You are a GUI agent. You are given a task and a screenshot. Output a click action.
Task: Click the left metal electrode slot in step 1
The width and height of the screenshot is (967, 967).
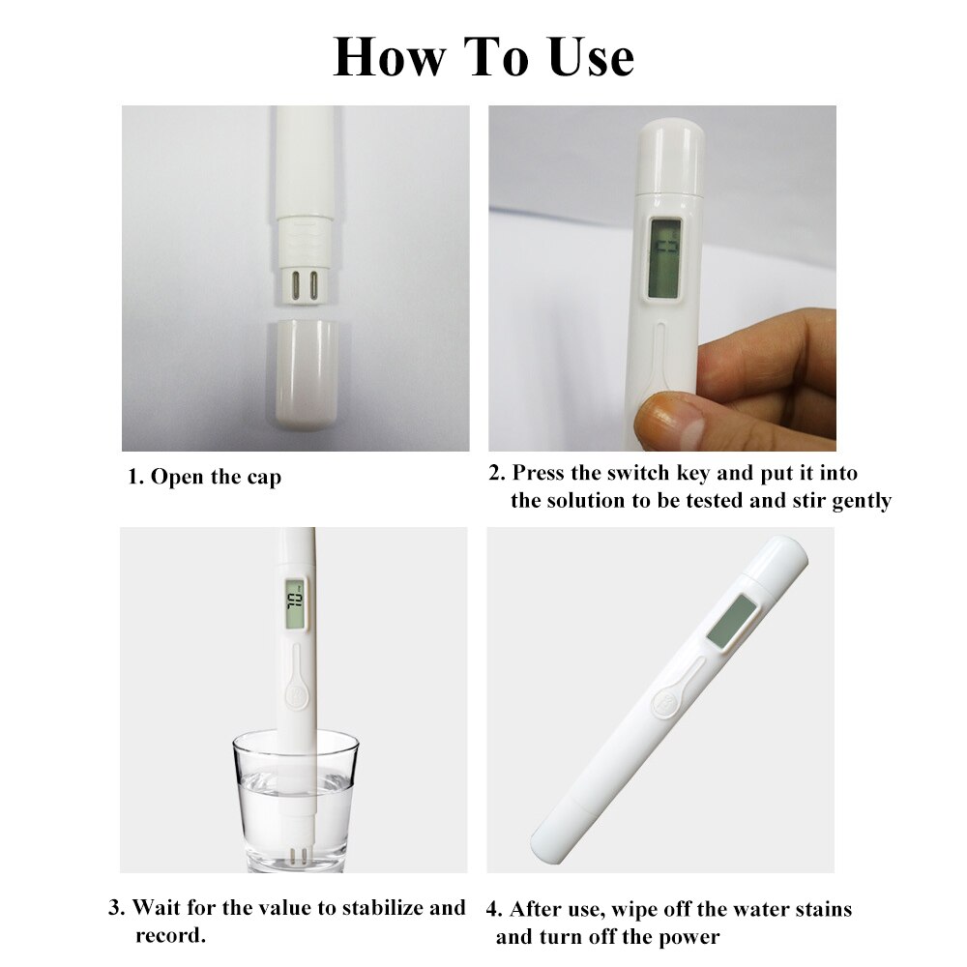(x=292, y=287)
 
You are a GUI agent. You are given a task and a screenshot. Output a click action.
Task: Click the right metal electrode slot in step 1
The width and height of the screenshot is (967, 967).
(x=313, y=287)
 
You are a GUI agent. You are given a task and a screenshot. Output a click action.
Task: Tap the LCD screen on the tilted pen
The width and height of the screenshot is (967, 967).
(x=732, y=621)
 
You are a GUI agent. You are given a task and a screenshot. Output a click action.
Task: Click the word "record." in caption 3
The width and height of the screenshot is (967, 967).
(x=170, y=936)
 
